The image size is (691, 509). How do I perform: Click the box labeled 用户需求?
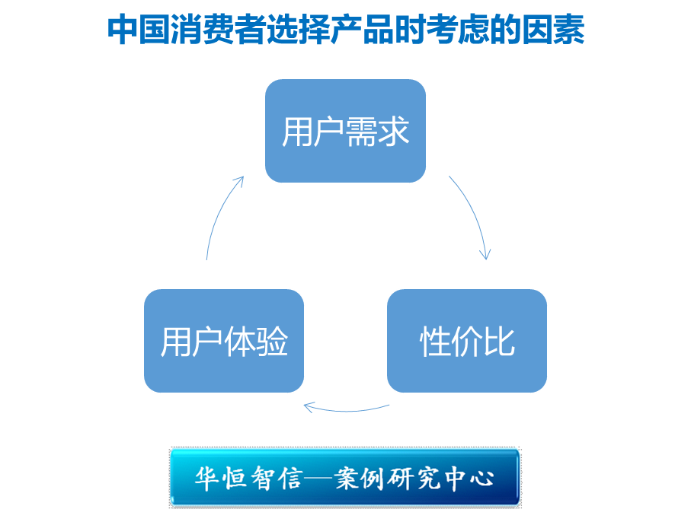345,131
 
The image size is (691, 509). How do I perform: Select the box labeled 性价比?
466,341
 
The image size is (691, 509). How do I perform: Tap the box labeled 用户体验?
224,341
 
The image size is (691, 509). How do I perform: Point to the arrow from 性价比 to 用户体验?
346,409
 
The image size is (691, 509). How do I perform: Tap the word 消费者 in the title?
217,30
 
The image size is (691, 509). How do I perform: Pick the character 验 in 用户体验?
273,342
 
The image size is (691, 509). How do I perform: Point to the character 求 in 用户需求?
394,132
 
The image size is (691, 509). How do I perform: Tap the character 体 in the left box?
241,342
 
